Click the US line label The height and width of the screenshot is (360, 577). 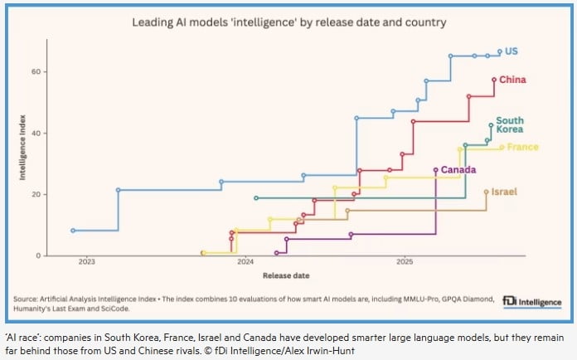click(x=512, y=51)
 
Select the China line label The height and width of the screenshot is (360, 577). click(x=512, y=80)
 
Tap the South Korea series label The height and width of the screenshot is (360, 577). click(x=509, y=125)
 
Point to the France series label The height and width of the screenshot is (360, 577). click(x=522, y=148)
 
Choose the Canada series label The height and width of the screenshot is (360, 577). click(x=458, y=170)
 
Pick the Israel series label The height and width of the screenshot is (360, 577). click(x=503, y=192)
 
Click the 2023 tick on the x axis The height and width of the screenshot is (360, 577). click(x=86, y=261)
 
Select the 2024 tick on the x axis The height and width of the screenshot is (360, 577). click(x=245, y=261)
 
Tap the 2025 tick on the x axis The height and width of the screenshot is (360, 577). click(x=405, y=261)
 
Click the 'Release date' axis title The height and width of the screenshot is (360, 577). click(x=285, y=275)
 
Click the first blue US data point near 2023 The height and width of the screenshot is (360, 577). click(x=73, y=231)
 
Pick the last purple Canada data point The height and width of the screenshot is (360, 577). click(x=436, y=170)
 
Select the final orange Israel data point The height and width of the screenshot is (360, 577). click(x=486, y=192)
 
